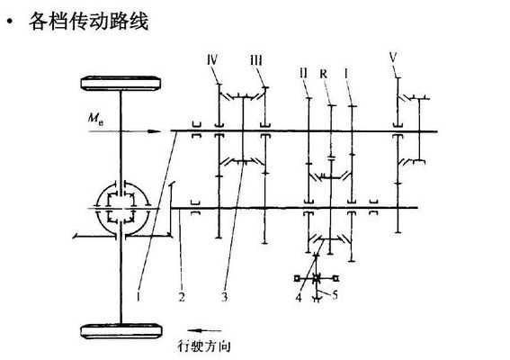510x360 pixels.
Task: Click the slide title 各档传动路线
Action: point(88,22)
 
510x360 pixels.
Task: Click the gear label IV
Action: point(212,60)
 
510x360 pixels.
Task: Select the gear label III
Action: point(256,60)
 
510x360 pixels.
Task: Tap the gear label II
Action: point(303,73)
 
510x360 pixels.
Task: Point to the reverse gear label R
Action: point(323,74)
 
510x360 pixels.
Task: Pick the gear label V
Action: point(393,58)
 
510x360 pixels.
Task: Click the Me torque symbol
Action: point(96,118)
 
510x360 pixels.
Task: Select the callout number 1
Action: point(139,296)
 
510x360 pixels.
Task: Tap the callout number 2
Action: point(182,296)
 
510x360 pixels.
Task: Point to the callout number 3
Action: point(225,296)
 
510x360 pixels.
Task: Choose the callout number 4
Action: point(299,298)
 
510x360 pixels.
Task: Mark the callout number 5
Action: point(335,294)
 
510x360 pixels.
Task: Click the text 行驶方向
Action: point(204,346)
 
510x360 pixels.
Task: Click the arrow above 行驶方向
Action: point(204,330)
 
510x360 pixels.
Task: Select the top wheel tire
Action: point(121,83)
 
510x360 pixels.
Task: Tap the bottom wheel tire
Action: point(121,331)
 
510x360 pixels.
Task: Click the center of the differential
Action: point(121,208)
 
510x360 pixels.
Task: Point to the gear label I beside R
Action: point(346,74)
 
